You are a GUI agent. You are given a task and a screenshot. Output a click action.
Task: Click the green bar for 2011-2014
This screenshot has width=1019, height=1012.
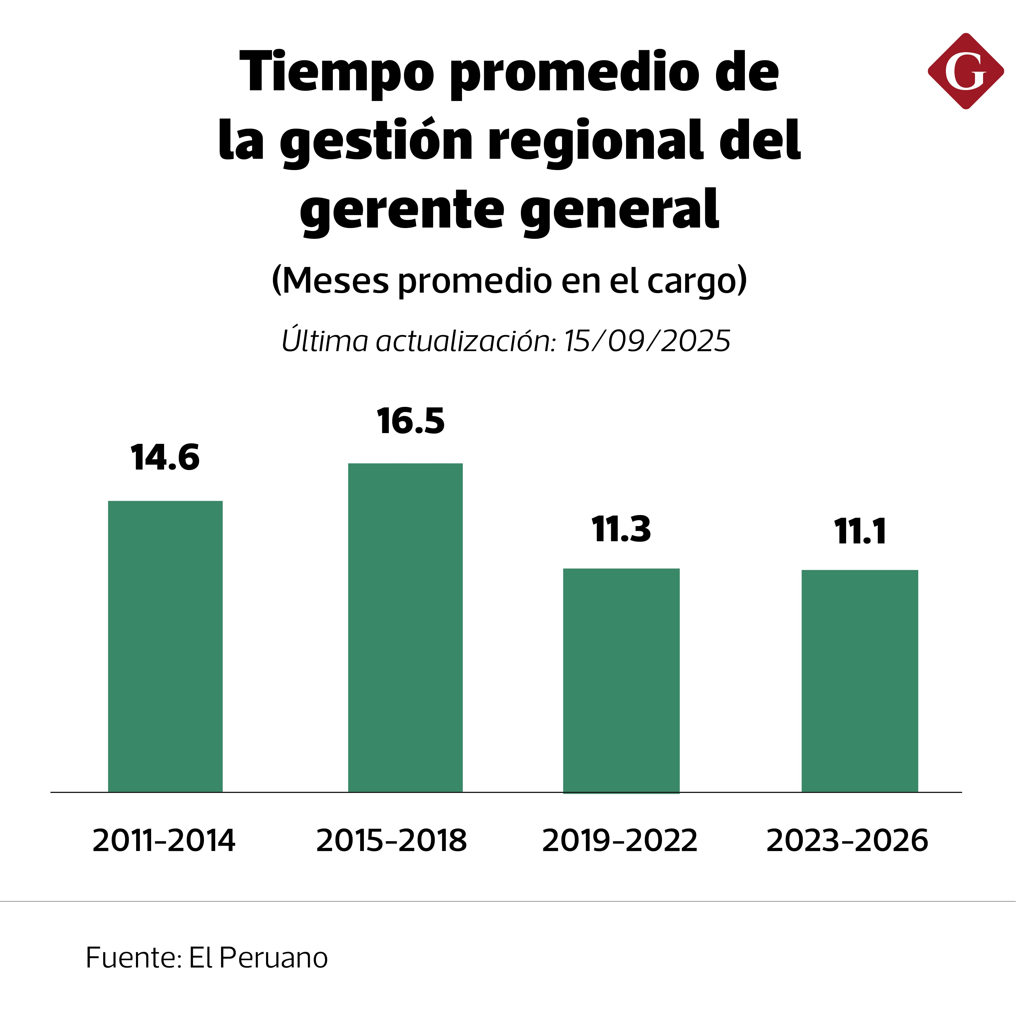pos(165,646)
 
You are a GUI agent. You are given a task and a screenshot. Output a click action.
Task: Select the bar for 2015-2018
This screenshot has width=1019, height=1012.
pos(405,628)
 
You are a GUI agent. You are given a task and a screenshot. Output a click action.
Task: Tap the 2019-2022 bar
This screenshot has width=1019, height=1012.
pos(621,681)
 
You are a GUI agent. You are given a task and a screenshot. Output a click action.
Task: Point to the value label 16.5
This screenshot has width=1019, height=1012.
pos(410,421)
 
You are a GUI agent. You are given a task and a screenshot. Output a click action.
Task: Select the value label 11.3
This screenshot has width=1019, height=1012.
pos(621,529)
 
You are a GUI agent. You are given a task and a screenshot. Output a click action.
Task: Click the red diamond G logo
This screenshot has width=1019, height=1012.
pos(966,71)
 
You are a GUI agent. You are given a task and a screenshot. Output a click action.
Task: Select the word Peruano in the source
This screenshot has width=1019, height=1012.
pos(273,958)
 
